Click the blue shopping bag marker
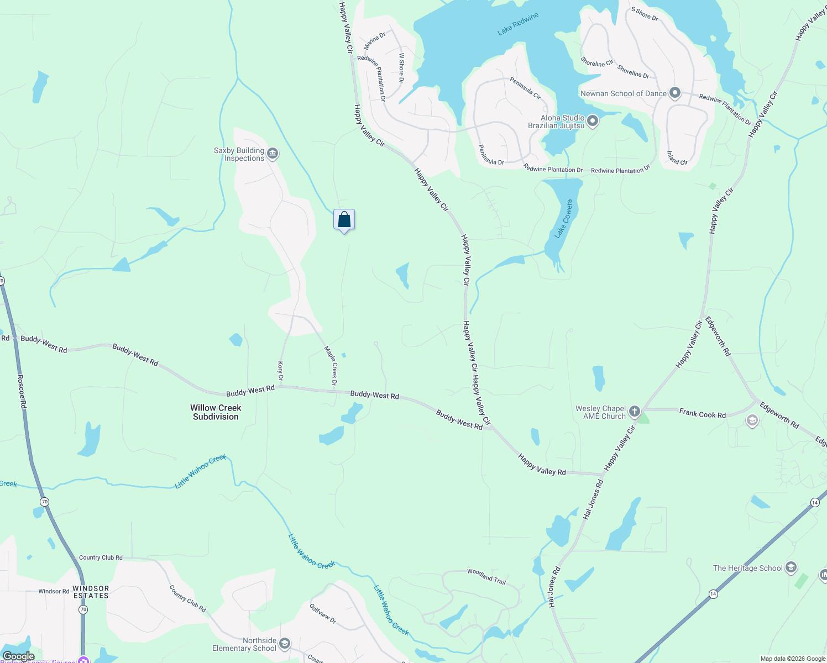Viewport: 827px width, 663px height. (x=344, y=220)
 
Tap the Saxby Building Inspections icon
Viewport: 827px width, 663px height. (x=272, y=154)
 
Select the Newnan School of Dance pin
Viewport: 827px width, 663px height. (x=674, y=93)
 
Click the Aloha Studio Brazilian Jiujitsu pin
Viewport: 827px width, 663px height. (x=593, y=121)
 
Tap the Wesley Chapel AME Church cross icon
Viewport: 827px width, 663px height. (x=635, y=412)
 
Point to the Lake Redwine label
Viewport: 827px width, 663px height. (x=517, y=24)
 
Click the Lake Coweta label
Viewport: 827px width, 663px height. (x=564, y=219)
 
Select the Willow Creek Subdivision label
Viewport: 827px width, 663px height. (x=216, y=412)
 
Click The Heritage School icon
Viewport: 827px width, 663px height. (x=791, y=567)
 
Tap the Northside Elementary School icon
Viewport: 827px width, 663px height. (x=284, y=643)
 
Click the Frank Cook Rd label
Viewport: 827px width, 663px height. (x=702, y=413)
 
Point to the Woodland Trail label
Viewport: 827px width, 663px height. (x=486, y=576)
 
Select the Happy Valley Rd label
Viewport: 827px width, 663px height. (x=542, y=464)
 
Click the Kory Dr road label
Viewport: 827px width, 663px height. (x=280, y=371)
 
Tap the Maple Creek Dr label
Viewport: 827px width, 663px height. (x=331, y=365)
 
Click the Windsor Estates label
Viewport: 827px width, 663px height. (x=91, y=592)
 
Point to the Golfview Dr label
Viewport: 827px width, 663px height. (x=323, y=613)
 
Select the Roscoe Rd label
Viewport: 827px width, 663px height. (x=22, y=392)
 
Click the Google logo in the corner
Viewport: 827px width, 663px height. (x=18, y=656)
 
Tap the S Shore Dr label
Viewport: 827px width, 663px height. (x=645, y=14)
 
